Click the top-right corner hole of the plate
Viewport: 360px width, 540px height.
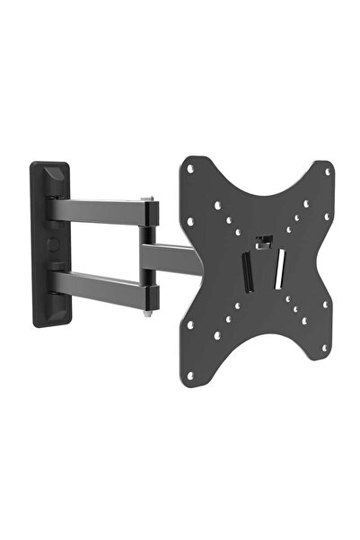pos(327,171)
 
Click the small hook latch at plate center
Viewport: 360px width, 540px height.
pos(263,241)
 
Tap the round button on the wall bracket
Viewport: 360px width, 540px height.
pos(48,243)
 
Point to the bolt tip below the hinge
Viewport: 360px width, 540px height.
pos(146,313)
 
